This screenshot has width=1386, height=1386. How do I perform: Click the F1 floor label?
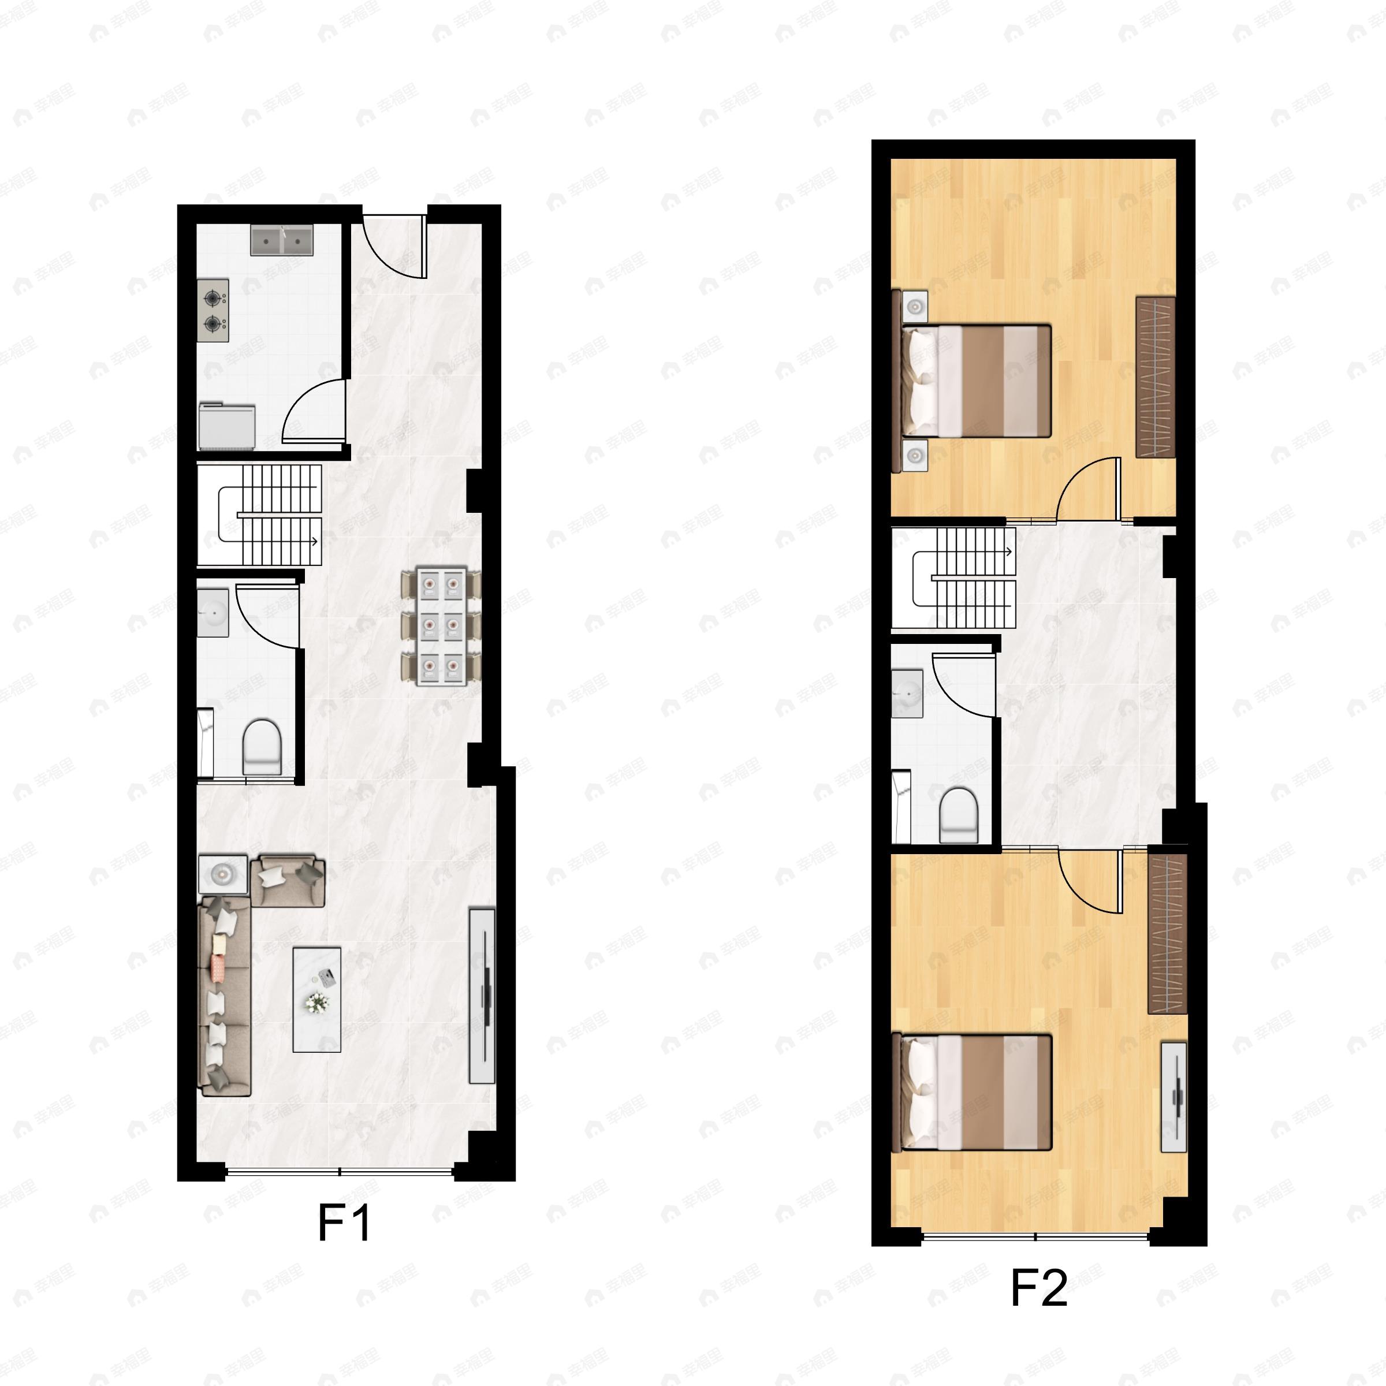pos(344,1223)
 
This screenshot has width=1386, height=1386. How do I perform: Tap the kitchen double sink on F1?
pos(282,240)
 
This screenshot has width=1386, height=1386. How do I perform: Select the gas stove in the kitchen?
pos(214,311)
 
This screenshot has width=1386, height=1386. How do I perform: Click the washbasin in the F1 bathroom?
pos(213,612)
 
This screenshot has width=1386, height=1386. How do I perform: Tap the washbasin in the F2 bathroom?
pos(907,693)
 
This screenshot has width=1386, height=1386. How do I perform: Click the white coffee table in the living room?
pos(316,999)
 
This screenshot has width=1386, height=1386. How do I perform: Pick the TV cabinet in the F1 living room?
pos(482,996)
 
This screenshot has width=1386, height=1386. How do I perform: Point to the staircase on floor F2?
pos(965,577)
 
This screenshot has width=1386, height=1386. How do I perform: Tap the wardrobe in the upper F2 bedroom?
pos(1155,377)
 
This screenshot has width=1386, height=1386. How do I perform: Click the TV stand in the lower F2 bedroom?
pos(1173,1098)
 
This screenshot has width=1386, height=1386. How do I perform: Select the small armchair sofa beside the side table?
pos(288,880)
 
